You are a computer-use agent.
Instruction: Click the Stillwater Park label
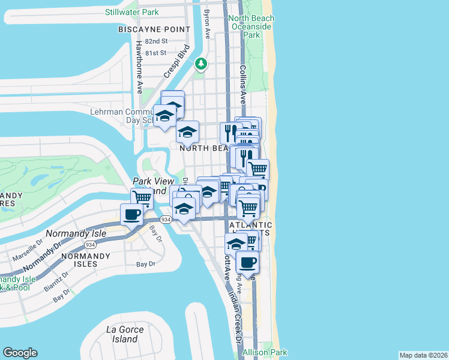[131, 12]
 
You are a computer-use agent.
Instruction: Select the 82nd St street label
[156, 41]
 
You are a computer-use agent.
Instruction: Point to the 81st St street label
[156, 52]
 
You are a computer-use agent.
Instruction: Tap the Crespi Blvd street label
[177, 61]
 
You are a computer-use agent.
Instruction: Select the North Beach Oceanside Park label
[251, 27]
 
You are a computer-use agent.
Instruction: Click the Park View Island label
[152, 186]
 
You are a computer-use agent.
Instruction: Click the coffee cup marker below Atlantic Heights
[248, 262]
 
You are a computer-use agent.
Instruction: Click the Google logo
[20, 353]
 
